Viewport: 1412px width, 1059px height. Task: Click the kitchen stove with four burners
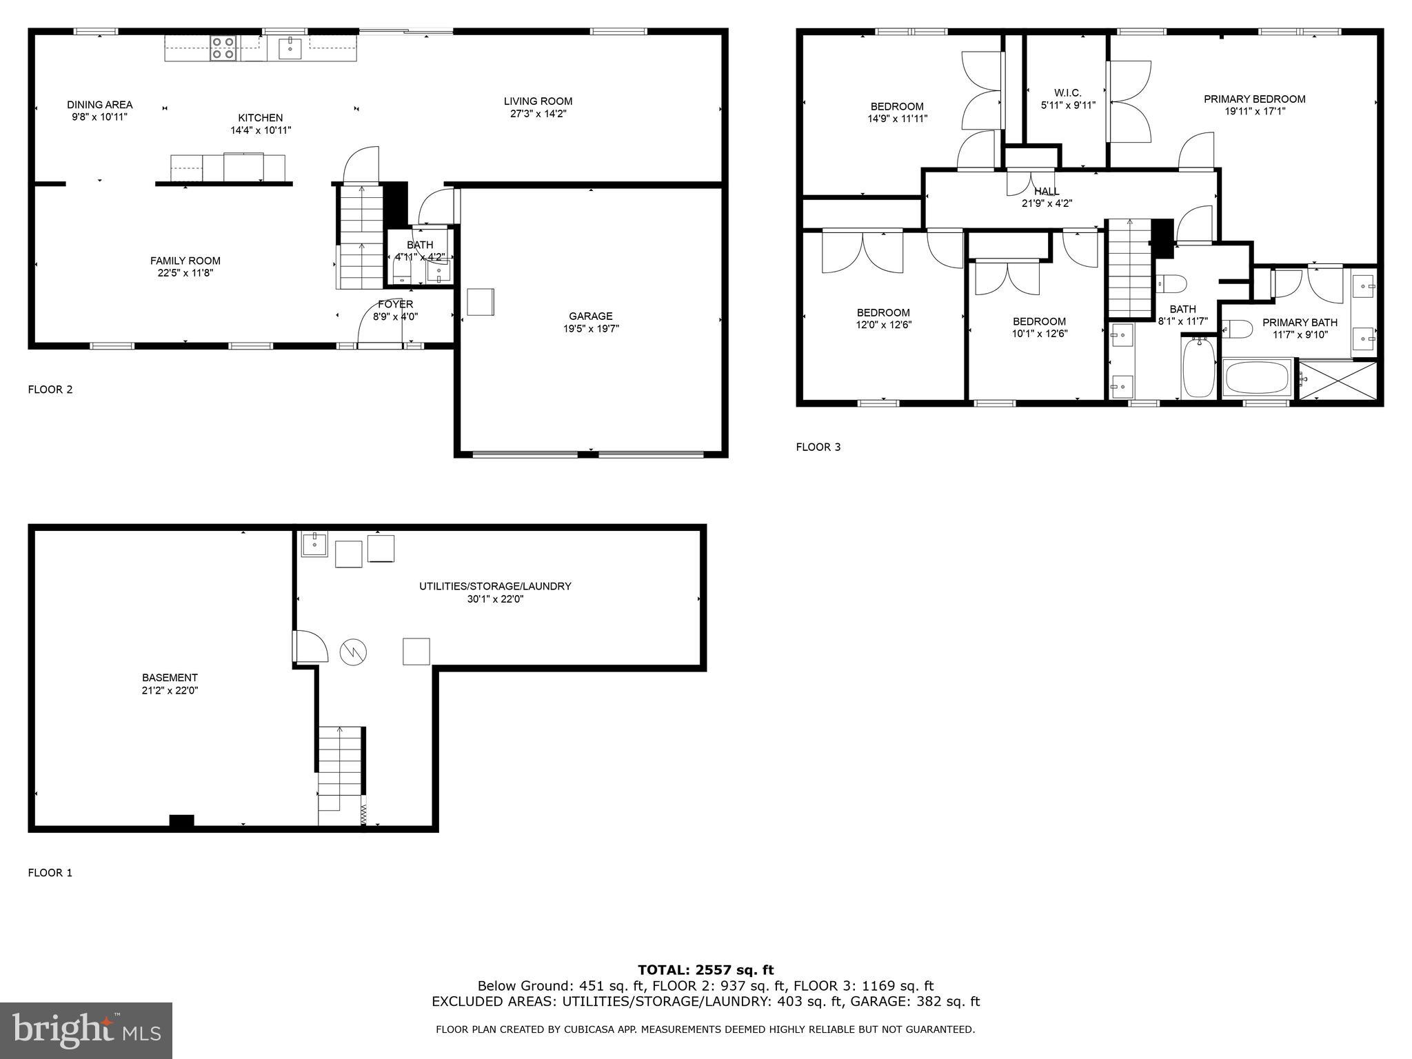click(x=223, y=48)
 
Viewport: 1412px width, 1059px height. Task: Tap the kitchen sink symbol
click(x=290, y=48)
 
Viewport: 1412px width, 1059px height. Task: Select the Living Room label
click(x=538, y=101)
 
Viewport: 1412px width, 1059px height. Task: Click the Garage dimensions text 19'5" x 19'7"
click(x=591, y=329)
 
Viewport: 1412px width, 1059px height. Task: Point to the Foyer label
click(x=396, y=304)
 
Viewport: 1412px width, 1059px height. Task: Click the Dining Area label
click(x=100, y=105)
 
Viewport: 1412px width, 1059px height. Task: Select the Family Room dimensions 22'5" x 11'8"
click(x=185, y=273)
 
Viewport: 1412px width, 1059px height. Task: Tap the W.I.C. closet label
click(x=1067, y=93)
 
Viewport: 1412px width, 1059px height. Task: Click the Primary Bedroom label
click(x=1254, y=99)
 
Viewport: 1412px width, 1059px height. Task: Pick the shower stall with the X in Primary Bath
click(x=1338, y=379)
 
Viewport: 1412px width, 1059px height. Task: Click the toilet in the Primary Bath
click(x=1238, y=330)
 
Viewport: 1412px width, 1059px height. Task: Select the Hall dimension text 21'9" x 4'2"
click(x=1047, y=203)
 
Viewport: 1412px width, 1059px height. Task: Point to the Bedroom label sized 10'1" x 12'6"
click(x=1039, y=321)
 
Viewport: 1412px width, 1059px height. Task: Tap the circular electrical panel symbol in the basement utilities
click(x=353, y=652)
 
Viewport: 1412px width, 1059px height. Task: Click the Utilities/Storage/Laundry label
click(x=495, y=587)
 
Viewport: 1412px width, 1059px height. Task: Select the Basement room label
click(x=170, y=678)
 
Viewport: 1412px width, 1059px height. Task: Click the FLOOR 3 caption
click(x=818, y=447)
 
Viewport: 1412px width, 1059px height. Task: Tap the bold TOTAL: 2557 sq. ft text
click(x=705, y=970)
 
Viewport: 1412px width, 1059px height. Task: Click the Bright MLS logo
click(x=86, y=1030)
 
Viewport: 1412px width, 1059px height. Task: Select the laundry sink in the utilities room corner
click(x=314, y=544)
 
